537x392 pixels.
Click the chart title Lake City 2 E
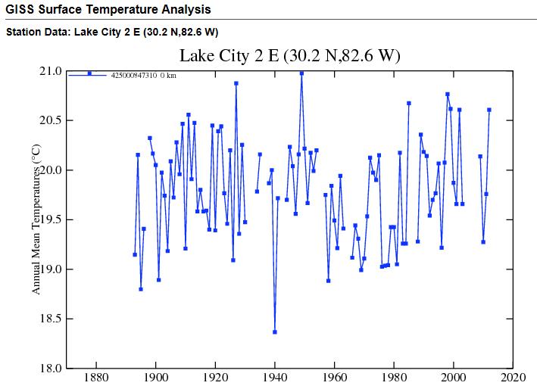[289, 56]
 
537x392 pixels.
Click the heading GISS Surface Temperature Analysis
[108, 10]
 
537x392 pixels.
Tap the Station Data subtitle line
[112, 32]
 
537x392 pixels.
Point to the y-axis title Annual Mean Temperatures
[36, 220]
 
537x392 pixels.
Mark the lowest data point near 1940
[275, 331]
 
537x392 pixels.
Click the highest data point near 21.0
[301, 73]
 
